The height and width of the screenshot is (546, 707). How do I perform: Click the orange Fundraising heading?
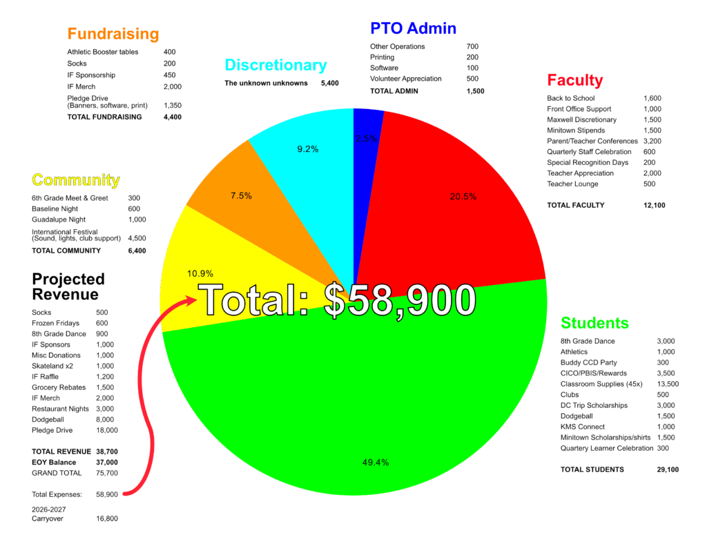click(x=113, y=34)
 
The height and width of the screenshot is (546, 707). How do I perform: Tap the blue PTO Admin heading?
click(x=413, y=28)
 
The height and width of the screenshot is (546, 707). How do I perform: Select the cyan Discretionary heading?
click(x=275, y=66)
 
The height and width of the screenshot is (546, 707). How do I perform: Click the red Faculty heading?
click(x=574, y=80)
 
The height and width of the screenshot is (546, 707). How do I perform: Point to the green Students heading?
click(x=594, y=323)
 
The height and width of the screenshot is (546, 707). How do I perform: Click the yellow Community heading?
click(x=76, y=181)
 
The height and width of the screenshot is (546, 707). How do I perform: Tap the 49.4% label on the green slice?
click(x=375, y=462)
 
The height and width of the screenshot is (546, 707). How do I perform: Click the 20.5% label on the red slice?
click(x=463, y=197)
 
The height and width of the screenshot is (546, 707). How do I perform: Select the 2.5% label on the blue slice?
click(x=366, y=139)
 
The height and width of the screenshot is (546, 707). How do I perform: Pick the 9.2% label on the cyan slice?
click(x=307, y=149)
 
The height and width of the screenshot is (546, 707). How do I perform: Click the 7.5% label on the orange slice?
click(x=241, y=196)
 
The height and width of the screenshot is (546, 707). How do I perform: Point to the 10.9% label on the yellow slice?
click(x=200, y=273)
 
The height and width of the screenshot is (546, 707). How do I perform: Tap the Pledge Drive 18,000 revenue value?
click(x=106, y=430)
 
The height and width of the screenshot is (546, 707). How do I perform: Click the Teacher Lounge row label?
click(x=572, y=184)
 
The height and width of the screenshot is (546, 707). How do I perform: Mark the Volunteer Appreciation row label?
click(x=405, y=79)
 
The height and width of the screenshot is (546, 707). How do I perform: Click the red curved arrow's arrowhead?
click(x=190, y=300)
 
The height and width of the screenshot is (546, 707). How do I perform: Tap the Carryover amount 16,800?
click(x=106, y=518)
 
